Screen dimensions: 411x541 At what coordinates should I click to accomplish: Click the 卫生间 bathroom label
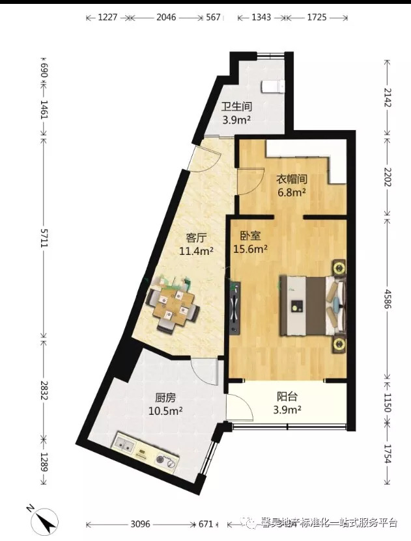point(237,107)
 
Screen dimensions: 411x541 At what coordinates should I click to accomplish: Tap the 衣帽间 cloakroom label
point(292,179)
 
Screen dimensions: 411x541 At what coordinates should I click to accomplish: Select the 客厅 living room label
point(196,238)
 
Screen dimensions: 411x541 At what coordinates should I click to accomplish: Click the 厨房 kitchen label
point(165,398)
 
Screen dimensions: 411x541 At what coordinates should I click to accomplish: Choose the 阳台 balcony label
point(287,397)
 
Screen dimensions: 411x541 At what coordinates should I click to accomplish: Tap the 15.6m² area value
point(251,249)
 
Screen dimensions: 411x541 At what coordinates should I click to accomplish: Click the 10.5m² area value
point(165,410)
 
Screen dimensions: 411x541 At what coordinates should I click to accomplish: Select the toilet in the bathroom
point(273,86)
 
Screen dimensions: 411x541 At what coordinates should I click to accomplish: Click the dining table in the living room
point(173,304)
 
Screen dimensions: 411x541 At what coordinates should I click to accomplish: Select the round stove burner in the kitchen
point(161,459)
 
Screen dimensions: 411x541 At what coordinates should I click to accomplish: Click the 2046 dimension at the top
point(166,17)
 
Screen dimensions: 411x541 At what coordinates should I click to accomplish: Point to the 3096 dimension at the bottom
point(140,525)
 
